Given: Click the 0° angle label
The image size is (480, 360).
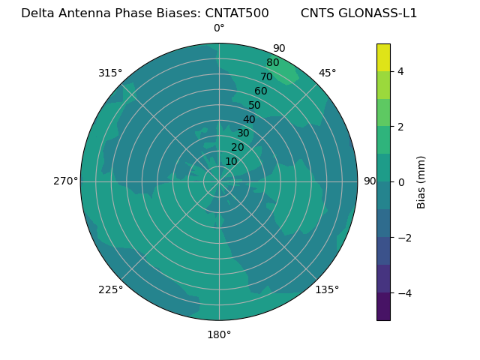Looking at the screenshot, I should click(x=219, y=28).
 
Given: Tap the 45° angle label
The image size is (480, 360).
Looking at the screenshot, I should click(x=327, y=73).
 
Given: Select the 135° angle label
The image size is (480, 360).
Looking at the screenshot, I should click(x=327, y=289).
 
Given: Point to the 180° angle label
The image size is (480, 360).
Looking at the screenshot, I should click(x=219, y=334).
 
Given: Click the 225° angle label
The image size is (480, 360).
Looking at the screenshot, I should click(x=110, y=289).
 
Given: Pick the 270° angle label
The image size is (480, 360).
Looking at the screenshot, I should click(x=65, y=181).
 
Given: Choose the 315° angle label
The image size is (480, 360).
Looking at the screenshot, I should click(x=110, y=73).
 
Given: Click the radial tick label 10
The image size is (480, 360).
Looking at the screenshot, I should click(x=231, y=161).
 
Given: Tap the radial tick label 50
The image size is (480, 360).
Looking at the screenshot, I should click(x=254, y=106).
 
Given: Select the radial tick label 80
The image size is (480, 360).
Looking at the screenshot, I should click(x=272, y=63).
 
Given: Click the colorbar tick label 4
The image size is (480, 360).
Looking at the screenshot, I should click(x=400, y=71).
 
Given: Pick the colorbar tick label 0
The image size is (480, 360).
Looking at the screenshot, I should click(x=400, y=182).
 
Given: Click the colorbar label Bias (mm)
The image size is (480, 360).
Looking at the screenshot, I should click(x=421, y=181).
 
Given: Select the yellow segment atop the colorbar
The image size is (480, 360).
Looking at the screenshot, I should click(x=383, y=57).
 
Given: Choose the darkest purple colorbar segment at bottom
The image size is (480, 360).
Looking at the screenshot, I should click(x=383, y=307).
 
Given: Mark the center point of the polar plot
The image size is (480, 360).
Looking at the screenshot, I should click(x=219, y=181).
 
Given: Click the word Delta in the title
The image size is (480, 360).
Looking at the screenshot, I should click(x=37, y=13).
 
